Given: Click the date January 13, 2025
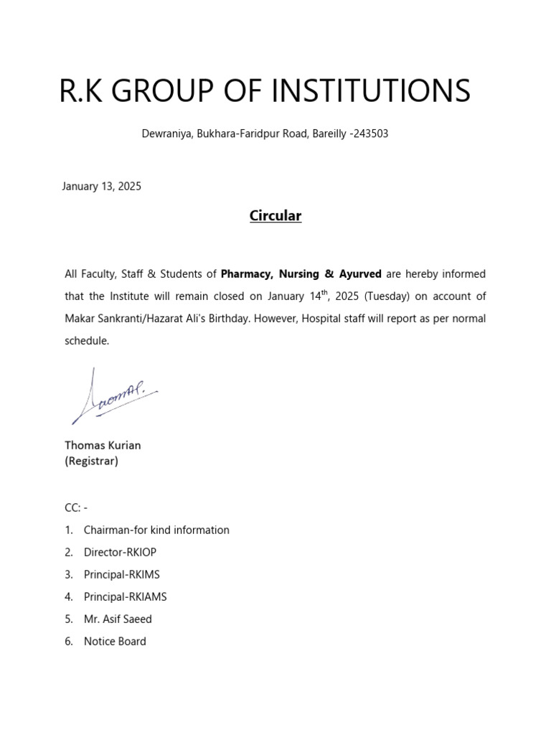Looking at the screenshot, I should (x=103, y=186).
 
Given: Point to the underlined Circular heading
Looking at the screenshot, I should (x=275, y=215).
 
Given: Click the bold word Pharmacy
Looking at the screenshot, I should (x=247, y=273).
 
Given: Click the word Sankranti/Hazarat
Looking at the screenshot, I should (x=143, y=319).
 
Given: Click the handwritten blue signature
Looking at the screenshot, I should (x=113, y=397).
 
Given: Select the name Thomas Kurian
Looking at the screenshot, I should (x=103, y=445).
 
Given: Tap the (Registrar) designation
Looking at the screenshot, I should (x=91, y=462).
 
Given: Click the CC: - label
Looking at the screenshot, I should (x=76, y=507).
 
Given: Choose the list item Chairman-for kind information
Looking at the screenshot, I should (x=156, y=530).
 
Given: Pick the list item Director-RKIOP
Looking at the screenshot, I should (x=120, y=552).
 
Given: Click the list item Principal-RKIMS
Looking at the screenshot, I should (x=121, y=574).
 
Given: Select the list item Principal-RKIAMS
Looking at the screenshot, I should (x=125, y=596).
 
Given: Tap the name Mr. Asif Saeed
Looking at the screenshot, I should (x=118, y=619).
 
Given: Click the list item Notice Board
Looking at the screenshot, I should (x=115, y=641).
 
